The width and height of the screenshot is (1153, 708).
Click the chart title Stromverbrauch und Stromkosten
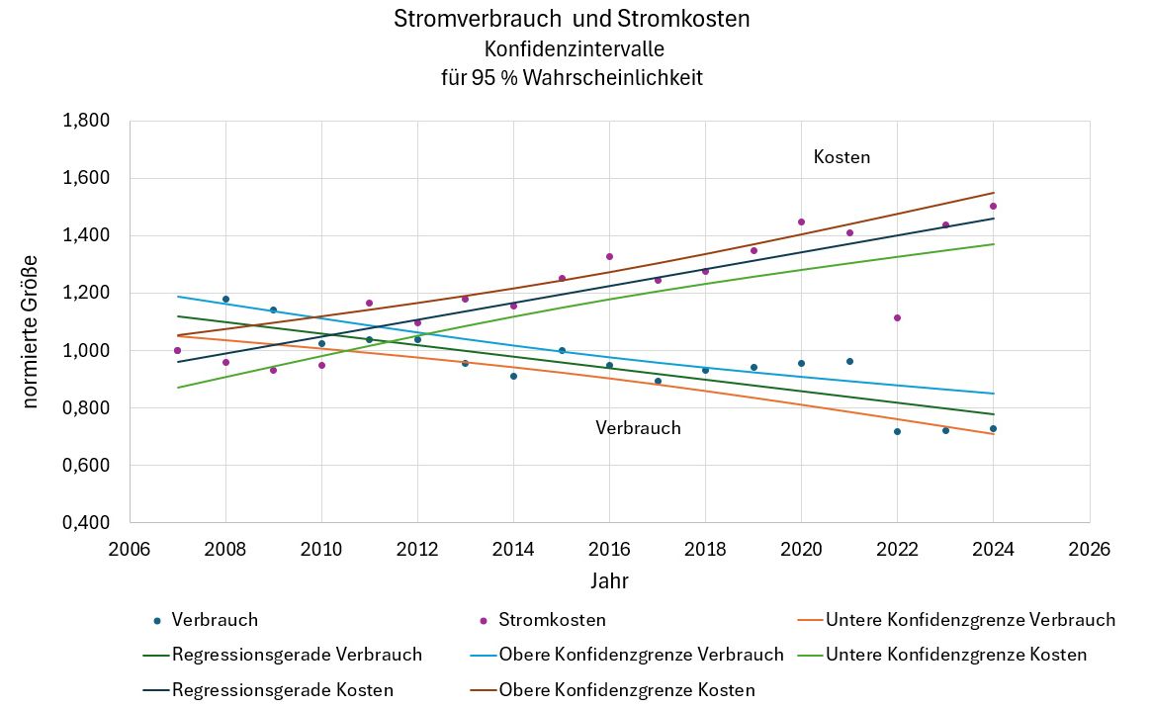(572, 19)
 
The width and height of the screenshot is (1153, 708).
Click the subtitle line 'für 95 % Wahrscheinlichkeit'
(572, 77)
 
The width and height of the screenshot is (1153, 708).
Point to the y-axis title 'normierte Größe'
(31, 330)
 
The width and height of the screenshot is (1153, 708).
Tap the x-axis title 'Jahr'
(609, 580)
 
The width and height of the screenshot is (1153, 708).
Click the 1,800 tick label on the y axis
(86, 122)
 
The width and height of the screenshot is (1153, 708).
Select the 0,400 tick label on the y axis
(86, 523)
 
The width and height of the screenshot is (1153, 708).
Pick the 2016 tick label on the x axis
(609, 550)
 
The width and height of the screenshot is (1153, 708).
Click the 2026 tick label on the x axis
(1089, 550)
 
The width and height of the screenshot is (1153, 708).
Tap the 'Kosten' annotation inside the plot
(842, 157)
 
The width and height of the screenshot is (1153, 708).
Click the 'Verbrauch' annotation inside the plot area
(638, 428)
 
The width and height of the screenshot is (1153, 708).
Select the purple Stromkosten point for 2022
(897, 317)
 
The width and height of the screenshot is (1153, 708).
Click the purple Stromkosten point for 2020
(801, 221)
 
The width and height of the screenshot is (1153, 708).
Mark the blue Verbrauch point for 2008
(225, 299)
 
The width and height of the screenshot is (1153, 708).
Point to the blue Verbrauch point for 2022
(897, 431)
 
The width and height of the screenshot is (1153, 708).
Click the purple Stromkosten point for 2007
(177, 350)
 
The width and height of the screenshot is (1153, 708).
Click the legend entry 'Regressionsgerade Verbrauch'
(297, 655)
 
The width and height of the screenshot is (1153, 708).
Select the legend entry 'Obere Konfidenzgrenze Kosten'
(627, 690)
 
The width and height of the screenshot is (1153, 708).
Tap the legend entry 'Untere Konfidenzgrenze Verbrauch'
(969, 620)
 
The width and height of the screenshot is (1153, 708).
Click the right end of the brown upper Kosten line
(993, 193)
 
